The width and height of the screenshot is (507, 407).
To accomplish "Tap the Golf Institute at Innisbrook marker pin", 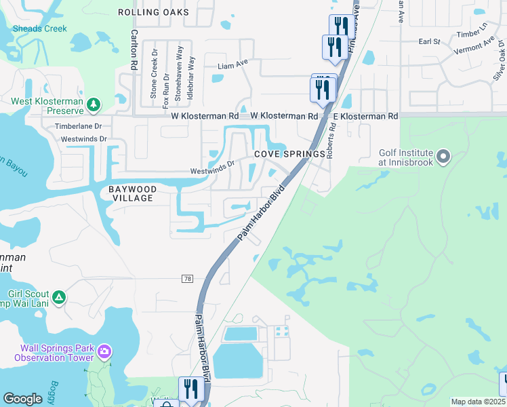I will tap(444, 157).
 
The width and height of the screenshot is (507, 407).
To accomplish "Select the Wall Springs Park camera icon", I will tap(104, 351).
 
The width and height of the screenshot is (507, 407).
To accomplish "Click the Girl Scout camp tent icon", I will tap(59, 297).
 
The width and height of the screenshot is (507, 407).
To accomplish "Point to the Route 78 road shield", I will tap(188, 279).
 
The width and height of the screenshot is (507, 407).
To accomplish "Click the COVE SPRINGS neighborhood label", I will tap(290, 155).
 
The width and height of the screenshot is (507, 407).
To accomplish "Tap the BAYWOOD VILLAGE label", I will tap(133, 193).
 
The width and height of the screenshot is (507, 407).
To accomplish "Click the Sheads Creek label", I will tap(40, 28).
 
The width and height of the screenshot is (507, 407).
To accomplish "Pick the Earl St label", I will tap(430, 41).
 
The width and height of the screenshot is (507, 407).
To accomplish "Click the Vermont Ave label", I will tap(474, 46).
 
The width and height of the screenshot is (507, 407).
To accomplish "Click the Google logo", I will tap(22, 399).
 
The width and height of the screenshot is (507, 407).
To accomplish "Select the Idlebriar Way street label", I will tap(190, 79).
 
